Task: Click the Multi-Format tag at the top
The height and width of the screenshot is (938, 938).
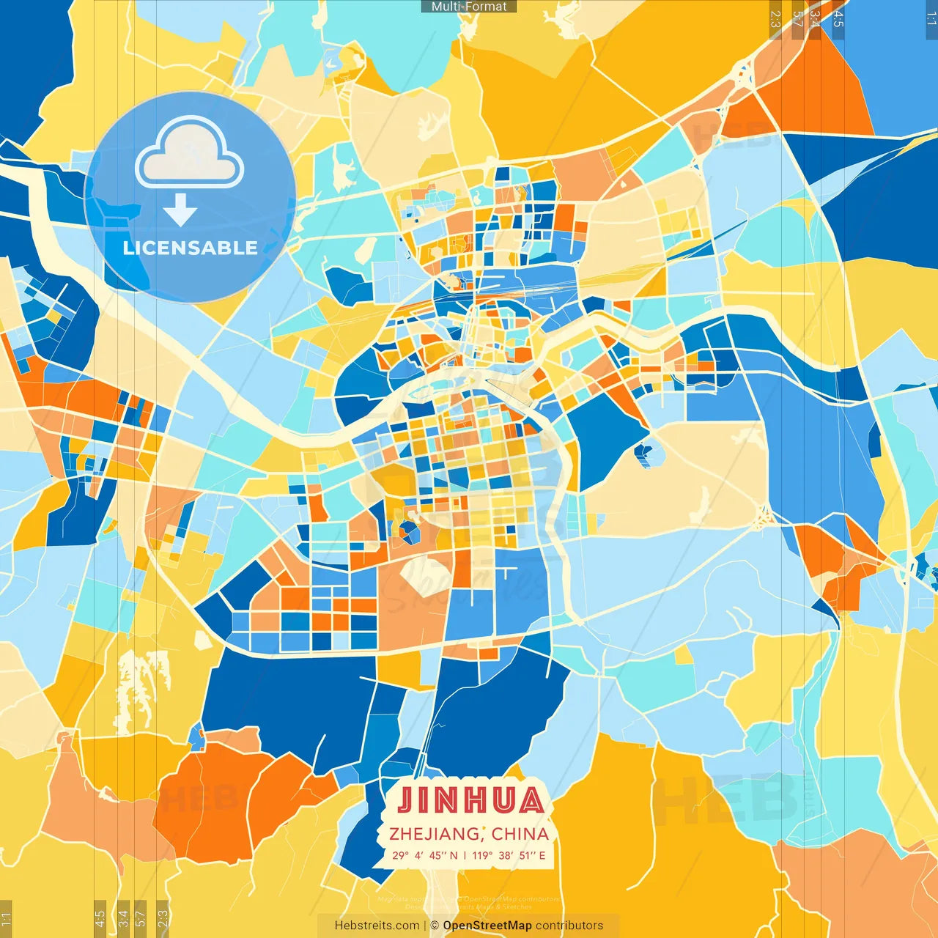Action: click(469, 7)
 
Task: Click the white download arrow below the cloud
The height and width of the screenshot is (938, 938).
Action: click(180, 210)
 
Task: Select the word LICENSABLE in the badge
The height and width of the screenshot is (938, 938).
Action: click(190, 248)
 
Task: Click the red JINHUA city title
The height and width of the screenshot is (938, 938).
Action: click(470, 801)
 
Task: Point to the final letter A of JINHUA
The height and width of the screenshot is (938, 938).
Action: click(529, 801)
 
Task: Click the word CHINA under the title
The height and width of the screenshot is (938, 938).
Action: click(520, 834)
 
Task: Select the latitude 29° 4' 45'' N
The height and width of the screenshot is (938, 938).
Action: click(425, 855)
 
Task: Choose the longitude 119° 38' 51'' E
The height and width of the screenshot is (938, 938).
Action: click(509, 855)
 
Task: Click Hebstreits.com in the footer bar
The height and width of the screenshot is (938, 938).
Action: click(377, 926)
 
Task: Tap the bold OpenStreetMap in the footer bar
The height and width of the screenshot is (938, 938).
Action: click(487, 926)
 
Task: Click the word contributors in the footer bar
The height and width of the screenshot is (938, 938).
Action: click(569, 926)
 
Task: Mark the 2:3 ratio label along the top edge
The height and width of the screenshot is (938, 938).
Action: click(775, 18)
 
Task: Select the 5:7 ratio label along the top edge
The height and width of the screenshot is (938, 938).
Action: click(797, 18)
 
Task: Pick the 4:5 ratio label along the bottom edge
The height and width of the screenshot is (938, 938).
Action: click(100, 918)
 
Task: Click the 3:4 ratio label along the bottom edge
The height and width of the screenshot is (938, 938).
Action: click(123, 918)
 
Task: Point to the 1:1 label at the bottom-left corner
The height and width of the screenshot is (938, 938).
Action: click(6, 918)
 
